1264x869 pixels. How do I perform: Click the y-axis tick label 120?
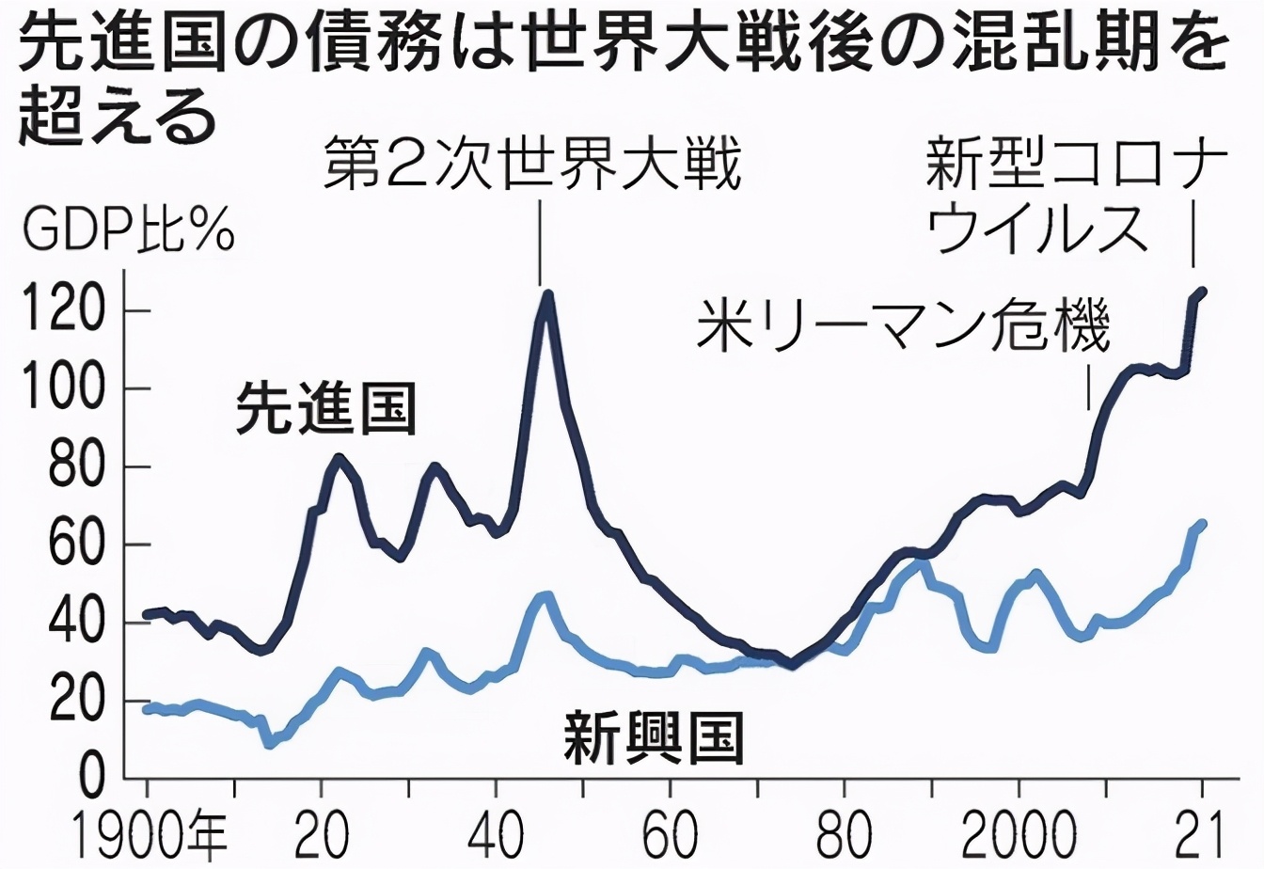[62, 312]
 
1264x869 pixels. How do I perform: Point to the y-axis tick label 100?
[62, 390]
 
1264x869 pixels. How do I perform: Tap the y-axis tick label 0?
[90, 780]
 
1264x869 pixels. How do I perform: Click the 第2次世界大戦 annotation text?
[533, 165]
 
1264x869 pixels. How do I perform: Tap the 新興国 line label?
[654, 738]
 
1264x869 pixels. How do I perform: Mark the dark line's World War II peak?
[546, 294]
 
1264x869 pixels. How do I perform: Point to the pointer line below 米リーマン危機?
[1089, 386]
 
